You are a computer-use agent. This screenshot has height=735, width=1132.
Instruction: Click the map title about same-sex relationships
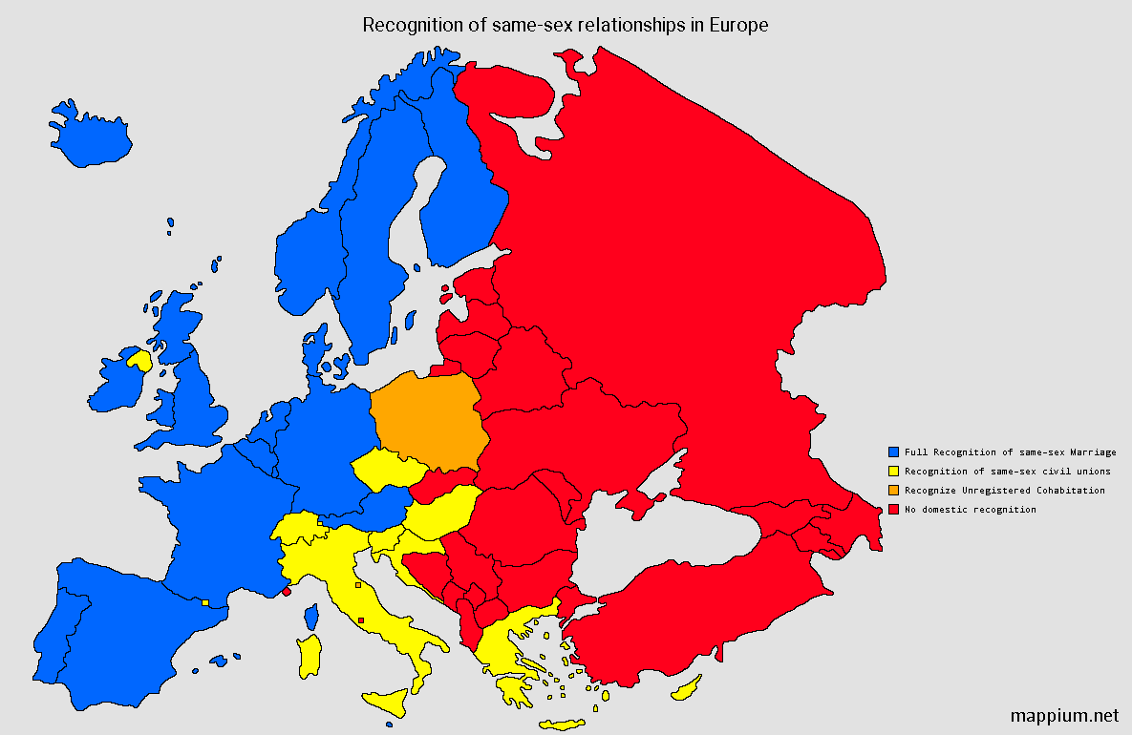(566, 26)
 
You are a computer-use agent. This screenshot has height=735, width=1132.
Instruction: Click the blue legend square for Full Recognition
(893, 451)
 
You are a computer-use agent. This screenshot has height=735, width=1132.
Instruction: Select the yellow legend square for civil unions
(893, 471)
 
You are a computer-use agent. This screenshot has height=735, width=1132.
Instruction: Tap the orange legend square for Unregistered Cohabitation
(893, 490)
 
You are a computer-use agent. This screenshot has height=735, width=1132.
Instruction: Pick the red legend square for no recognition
(893, 510)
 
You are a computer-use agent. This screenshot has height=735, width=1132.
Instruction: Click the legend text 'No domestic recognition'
(970, 510)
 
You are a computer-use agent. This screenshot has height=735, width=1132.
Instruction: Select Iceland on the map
(91, 136)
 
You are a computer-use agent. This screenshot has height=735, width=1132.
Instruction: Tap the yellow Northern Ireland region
(139, 360)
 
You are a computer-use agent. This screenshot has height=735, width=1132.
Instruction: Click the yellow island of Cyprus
(687, 689)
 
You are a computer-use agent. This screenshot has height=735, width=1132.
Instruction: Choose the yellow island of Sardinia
(310, 657)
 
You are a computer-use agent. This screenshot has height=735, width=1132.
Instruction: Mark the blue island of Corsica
(310, 617)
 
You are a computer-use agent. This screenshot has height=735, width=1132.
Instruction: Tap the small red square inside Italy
(360, 620)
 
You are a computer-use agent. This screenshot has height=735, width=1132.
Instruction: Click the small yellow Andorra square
(205, 601)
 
